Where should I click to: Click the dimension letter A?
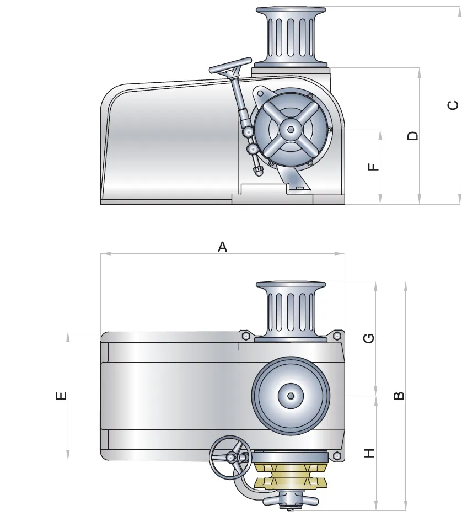coord(223,247)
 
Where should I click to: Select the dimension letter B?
coord(399,395)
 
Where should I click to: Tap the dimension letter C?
coord(453,105)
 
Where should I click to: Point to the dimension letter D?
coord(413,136)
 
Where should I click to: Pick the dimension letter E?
coord(61,395)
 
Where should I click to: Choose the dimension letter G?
coord(369,338)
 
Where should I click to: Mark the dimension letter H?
coord(369,454)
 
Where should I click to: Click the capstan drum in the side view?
coord(291,36)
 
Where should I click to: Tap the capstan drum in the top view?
coord(291,311)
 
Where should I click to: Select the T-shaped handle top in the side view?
coord(230,66)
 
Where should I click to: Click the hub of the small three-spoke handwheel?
coord(231,457)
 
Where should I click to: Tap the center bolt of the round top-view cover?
coord(291,396)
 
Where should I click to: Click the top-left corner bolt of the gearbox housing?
coord(245,336)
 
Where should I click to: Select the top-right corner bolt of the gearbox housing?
coord(336,336)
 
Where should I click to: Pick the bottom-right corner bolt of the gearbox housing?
coord(336,455)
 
